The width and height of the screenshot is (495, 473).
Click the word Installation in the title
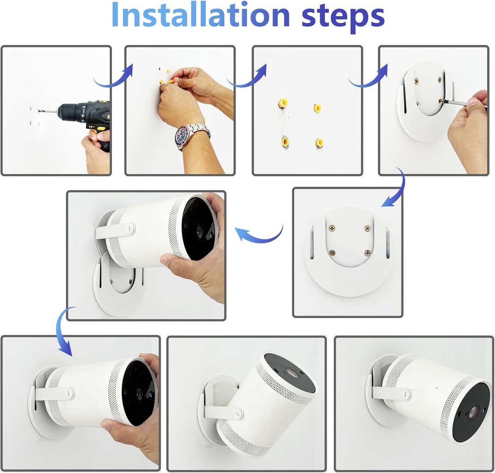point(200,14)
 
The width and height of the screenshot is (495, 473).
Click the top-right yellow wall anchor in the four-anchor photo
point(317,108)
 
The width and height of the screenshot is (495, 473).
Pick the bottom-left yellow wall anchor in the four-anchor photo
point(285,142)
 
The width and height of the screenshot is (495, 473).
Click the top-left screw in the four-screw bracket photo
point(332,228)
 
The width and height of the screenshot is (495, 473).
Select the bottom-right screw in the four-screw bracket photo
point(368,253)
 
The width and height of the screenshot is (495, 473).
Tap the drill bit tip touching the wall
point(39,111)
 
